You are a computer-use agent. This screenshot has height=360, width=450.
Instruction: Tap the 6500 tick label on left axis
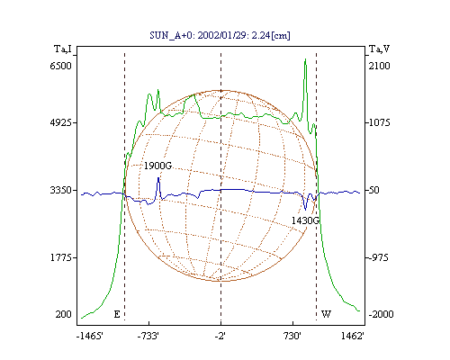(x=60, y=66)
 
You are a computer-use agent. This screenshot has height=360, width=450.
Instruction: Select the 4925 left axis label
(x=60, y=122)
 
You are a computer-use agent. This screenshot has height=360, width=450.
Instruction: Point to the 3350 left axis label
(x=60, y=190)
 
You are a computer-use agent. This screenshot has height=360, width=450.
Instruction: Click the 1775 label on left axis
(x=61, y=257)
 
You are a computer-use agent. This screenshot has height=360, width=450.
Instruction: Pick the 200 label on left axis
(x=63, y=314)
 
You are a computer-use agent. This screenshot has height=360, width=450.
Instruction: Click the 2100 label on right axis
(x=379, y=66)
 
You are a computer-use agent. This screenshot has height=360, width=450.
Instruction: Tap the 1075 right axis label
(x=379, y=122)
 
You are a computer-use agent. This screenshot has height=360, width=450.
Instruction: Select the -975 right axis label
(x=378, y=257)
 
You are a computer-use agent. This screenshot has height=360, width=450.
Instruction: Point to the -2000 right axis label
(x=381, y=314)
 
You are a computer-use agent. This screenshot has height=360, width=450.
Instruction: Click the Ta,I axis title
(x=63, y=49)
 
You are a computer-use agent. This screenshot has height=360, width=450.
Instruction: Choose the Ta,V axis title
(x=379, y=49)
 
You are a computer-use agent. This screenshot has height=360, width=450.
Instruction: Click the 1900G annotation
(x=157, y=166)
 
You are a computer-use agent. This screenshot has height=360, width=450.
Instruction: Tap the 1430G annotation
(x=305, y=220)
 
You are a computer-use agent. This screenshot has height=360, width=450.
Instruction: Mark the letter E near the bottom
(x=117, y=314)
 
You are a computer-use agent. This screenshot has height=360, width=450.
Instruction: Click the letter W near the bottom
(x=326, y=314)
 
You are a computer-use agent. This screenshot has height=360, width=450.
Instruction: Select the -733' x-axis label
(x=148, y=336)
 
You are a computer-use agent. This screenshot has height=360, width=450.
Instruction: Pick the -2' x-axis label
(x=220, y=336)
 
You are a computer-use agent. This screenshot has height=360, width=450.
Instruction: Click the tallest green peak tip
(x=305, y=59)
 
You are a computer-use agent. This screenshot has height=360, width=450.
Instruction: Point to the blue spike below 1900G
(x=158, y=178)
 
